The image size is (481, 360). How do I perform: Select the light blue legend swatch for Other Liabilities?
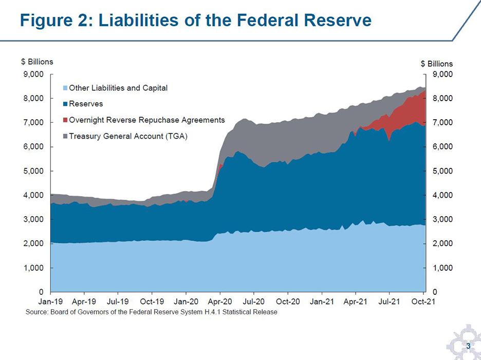point(65,88)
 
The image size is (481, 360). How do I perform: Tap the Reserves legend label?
point(86,104)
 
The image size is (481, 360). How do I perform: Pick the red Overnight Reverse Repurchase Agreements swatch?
point(65,120)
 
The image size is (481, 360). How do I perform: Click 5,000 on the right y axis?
point(442,171)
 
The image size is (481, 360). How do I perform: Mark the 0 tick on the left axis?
point(43,292)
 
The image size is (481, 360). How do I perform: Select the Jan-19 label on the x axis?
point(50,302)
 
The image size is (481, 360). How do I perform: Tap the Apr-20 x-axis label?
point(220,302)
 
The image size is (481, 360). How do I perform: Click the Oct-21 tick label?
point(424,302)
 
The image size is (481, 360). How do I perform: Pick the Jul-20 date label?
point(254,302)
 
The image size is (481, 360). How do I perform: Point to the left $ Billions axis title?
point(36,62)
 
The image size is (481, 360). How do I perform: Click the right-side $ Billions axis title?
point(436,64)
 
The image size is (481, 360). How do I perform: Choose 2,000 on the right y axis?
point(442,244)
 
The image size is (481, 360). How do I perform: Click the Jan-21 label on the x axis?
point(322,302)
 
